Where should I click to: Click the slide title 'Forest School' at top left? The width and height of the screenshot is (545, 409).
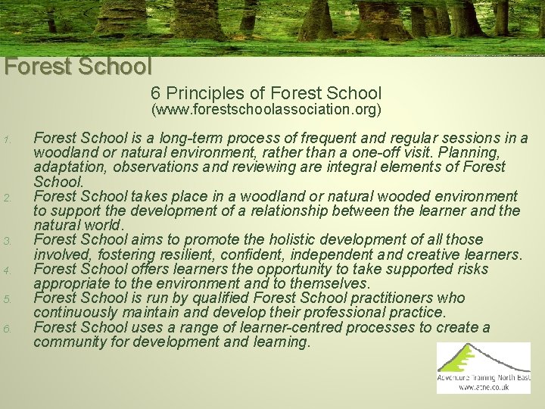point(78,67)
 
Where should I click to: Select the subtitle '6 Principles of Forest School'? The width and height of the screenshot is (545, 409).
point(266,93)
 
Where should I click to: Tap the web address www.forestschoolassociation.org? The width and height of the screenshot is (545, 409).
point(266,110)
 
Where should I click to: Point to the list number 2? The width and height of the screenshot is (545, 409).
point(6,198)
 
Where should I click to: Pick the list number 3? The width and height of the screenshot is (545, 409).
point(6,241)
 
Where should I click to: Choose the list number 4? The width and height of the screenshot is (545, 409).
point(6,270)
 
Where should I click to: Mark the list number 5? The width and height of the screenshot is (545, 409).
point(6,298)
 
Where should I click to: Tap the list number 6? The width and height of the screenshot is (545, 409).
point(6,327)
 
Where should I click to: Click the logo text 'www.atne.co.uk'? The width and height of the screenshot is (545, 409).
point(483,387)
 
